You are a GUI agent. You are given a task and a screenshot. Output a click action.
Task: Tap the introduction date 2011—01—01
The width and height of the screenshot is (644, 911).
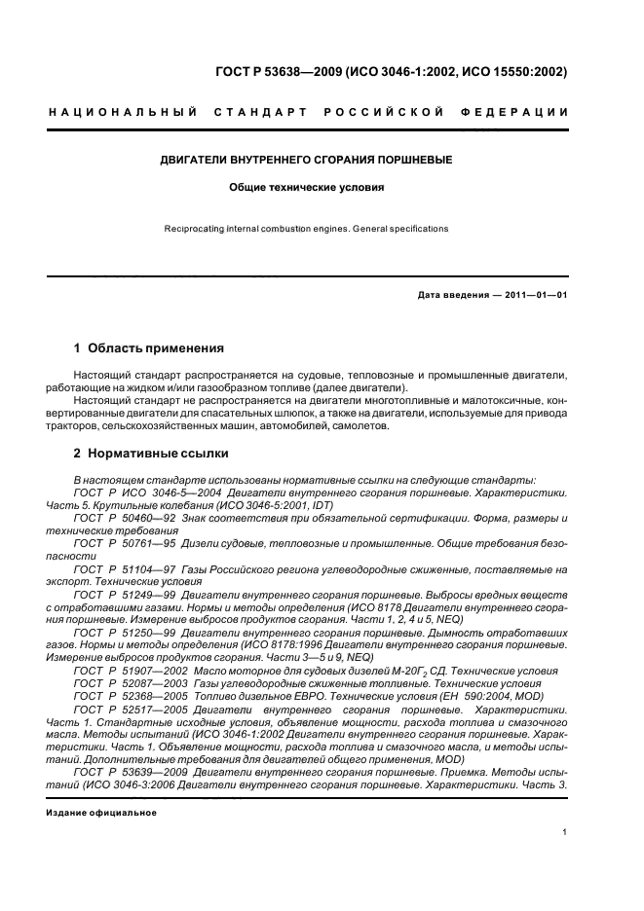pos(533,295)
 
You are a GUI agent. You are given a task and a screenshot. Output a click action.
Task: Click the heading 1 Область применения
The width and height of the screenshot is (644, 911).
pos(149,347)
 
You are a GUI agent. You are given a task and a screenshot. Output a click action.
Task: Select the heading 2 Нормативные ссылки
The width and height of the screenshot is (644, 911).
pos(153,454)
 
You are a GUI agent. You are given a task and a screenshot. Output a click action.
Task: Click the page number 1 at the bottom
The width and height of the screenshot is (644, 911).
pos(566,832)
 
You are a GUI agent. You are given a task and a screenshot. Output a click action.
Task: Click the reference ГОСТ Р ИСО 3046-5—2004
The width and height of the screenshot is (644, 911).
pos(137,493)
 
